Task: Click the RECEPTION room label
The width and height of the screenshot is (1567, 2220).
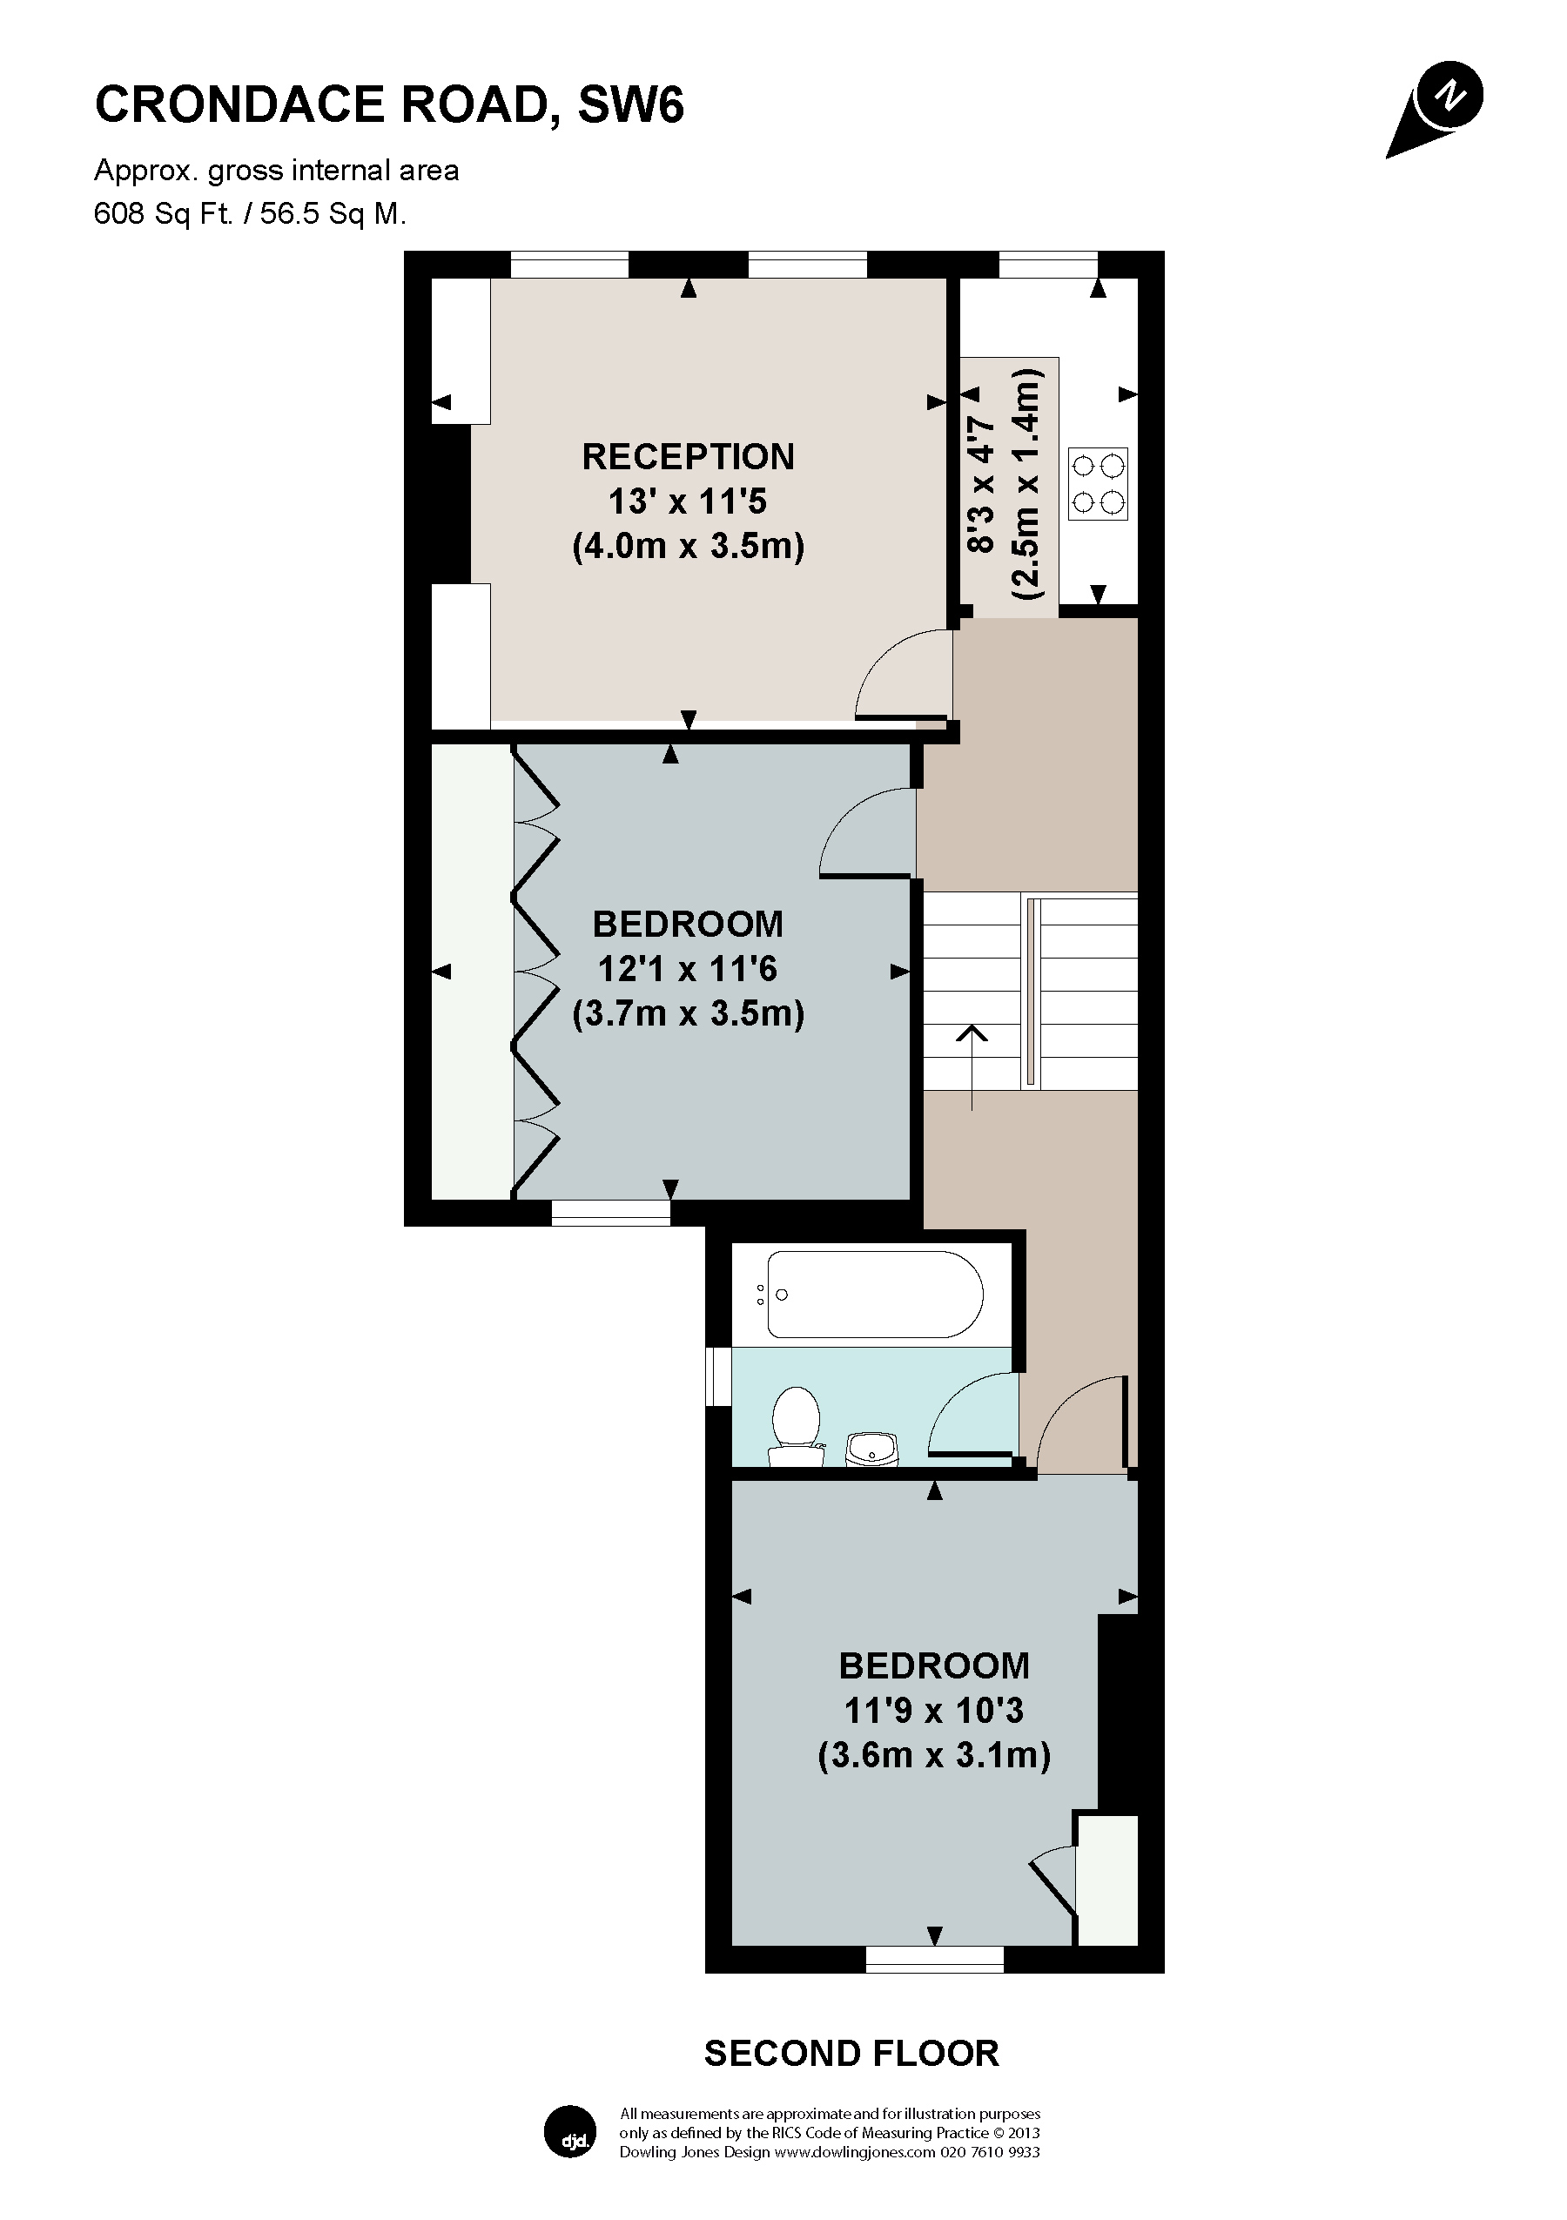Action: (x=688, y=456)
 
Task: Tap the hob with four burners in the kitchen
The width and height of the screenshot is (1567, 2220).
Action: (x=1097, y=483)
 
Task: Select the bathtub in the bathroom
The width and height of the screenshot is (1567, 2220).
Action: (x=874, y=1295)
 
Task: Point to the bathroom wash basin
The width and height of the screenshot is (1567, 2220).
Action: (x=873, y=1449)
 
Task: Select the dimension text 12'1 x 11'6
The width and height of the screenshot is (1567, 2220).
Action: (x=688, y=969)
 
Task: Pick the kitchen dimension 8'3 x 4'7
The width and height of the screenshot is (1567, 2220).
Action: (x=979, y=483)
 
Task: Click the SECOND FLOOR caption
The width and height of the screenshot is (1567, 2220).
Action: (x=851, y=2053)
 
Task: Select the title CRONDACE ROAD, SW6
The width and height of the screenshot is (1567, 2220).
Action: (x=388, y=104)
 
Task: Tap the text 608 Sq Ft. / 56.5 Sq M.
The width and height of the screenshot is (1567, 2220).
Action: (x=249, y=212)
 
